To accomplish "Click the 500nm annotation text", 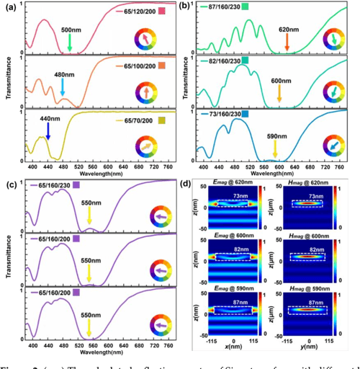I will (x=70, y=30).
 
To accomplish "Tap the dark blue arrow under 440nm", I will (x=48, y=130).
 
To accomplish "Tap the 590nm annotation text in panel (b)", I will (x=274, y=138).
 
